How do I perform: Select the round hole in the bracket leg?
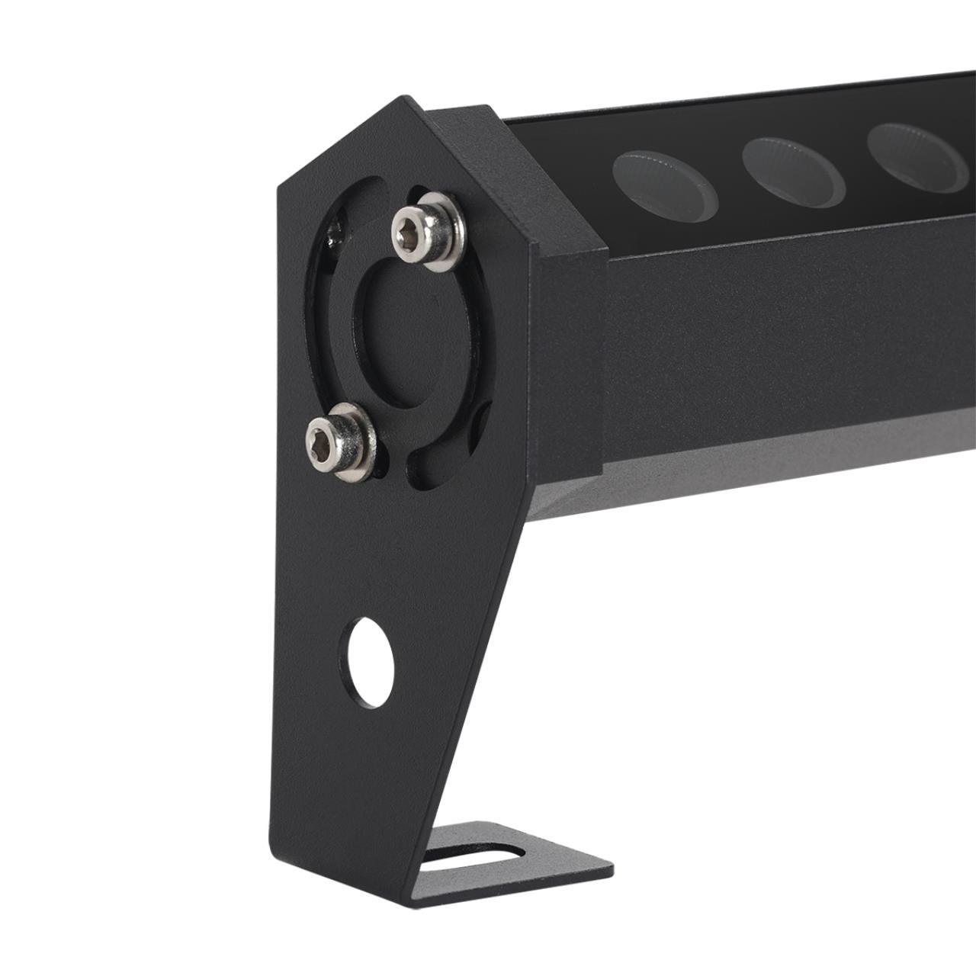click(x=369, y=660)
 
